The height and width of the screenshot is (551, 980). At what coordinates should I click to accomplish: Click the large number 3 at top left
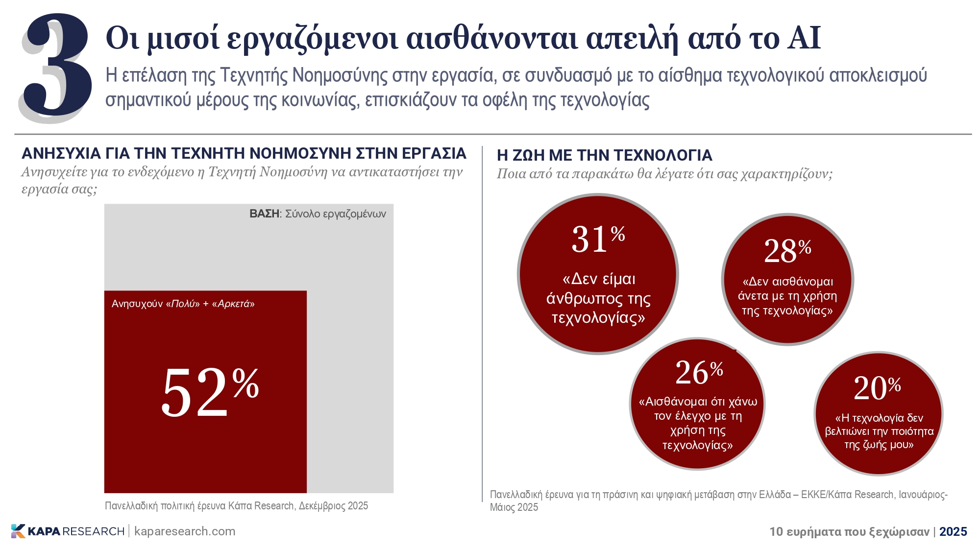56,66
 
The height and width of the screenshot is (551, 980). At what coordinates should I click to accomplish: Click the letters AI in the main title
804,38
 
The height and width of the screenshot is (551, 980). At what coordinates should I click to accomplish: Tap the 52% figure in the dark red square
210,392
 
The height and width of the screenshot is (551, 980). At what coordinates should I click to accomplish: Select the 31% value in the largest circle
598,239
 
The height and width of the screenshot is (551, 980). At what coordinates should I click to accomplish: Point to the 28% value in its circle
787,251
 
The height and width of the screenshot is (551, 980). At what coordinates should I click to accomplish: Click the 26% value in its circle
699,372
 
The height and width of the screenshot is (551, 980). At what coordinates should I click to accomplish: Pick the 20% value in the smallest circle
877,388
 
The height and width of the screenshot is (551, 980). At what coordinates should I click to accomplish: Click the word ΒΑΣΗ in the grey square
264,214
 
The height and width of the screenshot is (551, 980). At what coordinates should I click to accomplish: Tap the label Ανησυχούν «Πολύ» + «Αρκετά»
183,304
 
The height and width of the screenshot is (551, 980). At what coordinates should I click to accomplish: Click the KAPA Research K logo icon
18,531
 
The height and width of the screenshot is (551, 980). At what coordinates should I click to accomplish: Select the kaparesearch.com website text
185,531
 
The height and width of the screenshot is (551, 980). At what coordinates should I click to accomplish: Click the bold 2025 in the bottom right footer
953,532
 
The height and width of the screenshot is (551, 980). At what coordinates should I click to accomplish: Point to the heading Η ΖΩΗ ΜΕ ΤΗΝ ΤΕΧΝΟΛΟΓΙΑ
604,155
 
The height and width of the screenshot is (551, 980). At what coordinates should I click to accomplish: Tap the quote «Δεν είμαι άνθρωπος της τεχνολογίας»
598,298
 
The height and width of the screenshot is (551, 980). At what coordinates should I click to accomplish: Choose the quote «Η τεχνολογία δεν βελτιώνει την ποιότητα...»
879,431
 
